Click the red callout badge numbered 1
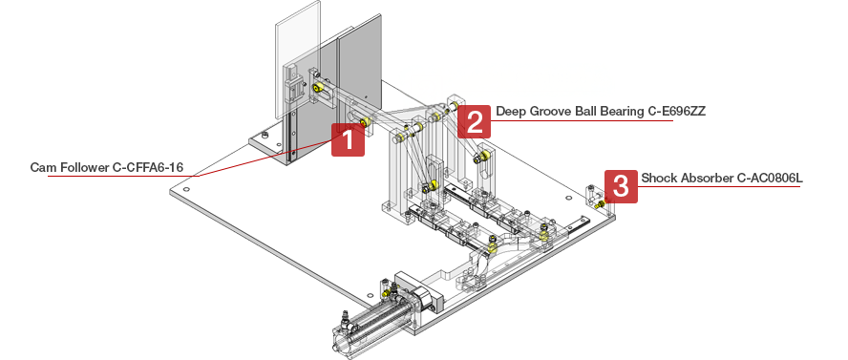tap(348, 139)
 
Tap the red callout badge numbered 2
tap(475, 121)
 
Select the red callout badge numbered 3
tap(621, 186)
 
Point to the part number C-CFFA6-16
tap(148, 167)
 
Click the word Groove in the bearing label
tap(541, 112)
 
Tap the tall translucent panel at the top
tap(298, 59)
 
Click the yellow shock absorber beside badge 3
tap(600, 204)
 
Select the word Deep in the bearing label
tap(508, 112)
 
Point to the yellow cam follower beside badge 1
tap(365, 122)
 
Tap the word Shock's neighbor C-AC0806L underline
tap(719, 187)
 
